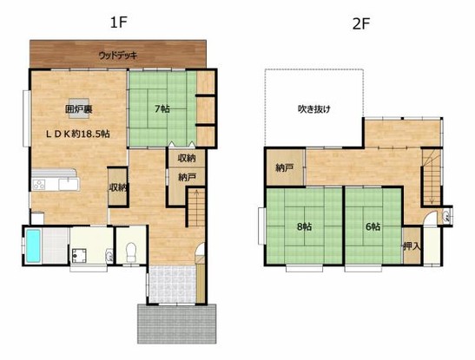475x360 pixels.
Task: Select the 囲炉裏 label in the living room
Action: pyautogui.click(x=77, y=109)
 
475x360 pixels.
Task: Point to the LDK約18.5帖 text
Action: pyautogui.click(x=78, y=134)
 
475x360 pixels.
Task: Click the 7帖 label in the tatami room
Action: pyautogui.click(x=162, y=109)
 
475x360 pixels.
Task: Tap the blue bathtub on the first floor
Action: pyautogui.click(x=34, y=245)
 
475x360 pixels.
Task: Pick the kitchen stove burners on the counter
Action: pyautogui.click(x=40, y=183)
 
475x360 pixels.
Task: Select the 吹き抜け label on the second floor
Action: pyautogui.click(x=314, y=109)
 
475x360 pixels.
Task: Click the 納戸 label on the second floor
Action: pyautogui.click(x=285, y=167)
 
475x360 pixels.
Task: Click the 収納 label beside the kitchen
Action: pyautogui.click(x=117, y=187)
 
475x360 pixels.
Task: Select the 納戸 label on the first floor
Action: pyautogui.click(x=187, y=177)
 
